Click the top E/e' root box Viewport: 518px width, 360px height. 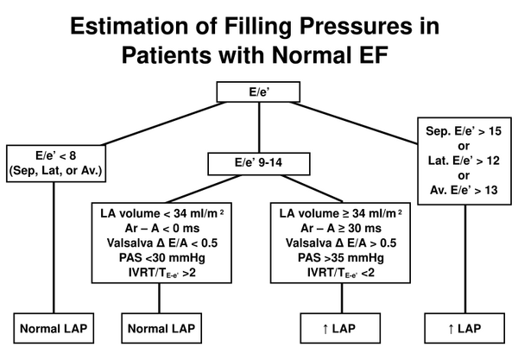258,89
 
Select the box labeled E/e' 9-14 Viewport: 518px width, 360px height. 258,161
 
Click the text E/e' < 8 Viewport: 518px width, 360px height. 54,155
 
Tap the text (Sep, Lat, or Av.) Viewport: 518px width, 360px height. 54,171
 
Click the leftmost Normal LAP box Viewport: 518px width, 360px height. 54,329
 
